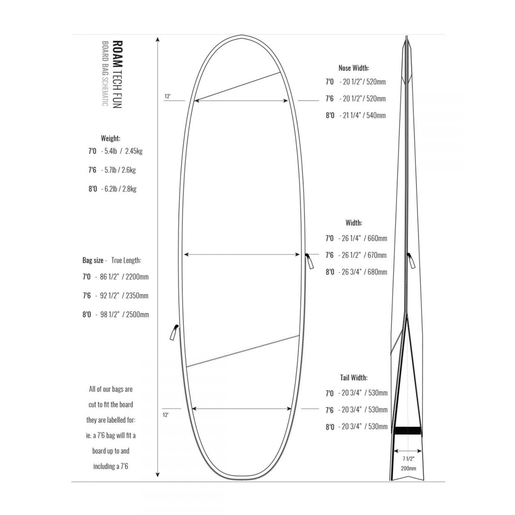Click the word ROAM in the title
click(118, 54)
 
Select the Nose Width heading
click(354, 68)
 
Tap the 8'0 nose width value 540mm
click(376, 115)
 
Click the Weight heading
click(110, 138)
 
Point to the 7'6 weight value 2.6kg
click(128, 170)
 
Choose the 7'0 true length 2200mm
click(137, 277)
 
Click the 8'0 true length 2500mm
click(137, 315)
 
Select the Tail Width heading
click(354, 377)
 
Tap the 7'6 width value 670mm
click(377, 255)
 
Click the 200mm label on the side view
click(408, 468)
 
